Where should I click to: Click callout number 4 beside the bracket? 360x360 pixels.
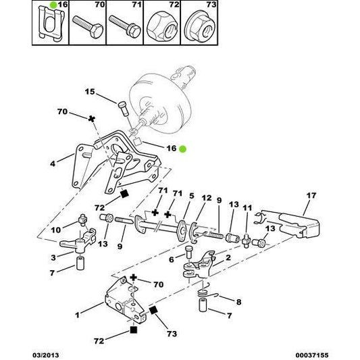53,163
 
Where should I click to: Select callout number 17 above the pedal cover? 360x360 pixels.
310,197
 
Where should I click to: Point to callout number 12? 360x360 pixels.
207,198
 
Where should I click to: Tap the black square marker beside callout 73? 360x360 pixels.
153,310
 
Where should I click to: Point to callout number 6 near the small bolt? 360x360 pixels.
171,259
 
